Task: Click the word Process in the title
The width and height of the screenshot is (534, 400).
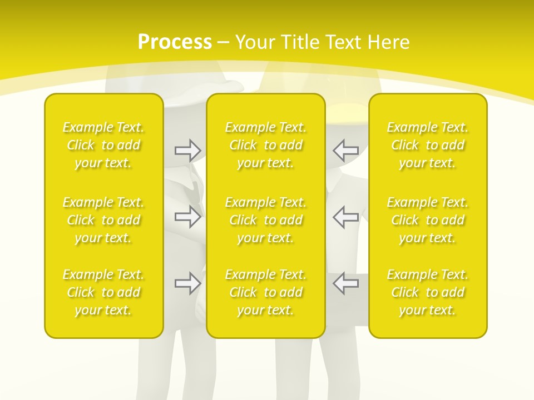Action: click(x=175, y=42)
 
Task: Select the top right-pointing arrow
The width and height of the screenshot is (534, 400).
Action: click(x=187, y=150)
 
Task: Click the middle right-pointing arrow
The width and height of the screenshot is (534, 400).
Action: click(x=187, y=217)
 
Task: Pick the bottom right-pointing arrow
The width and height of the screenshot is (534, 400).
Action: click(x=187, y=283)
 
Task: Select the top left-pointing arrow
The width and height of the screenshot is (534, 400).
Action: click(x=346, y=150)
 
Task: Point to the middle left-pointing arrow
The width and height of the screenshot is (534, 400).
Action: click(x=346, y=217)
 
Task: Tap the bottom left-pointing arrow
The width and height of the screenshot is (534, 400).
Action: click(x=346, y=283)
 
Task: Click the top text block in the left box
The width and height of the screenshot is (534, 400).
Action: click(x=103, y=145)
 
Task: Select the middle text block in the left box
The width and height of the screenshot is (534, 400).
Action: click(x=103, y=220)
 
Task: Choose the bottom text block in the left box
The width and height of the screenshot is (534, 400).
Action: click(x=103, y=292)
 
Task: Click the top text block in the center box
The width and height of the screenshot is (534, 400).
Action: click(x=266, y=145)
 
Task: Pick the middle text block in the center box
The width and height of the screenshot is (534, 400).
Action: click(x=266, y=220)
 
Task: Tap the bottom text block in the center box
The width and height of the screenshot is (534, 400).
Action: click(x=266, y=292)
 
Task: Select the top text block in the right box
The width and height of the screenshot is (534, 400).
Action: click(x=428, y=145)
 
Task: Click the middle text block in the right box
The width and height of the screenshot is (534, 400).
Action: click(x=428, y=220)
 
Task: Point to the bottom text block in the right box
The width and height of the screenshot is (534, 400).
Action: click(x=428, y=292)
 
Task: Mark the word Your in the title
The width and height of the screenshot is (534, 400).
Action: click(x=255, y=42)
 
